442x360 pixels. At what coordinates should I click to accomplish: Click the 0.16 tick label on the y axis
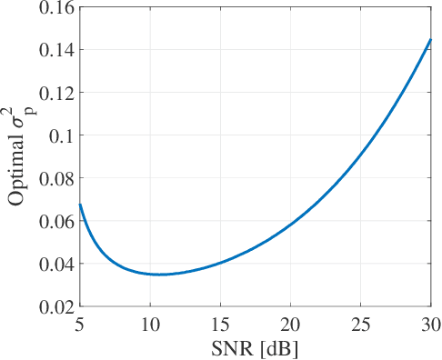[x=55, y=7]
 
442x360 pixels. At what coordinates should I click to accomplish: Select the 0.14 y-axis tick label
[x=55, y=50]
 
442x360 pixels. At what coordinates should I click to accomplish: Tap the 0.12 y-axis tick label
[x=55, y=93]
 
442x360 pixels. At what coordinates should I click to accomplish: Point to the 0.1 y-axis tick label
[x=60, y=135]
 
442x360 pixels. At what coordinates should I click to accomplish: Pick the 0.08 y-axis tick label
[x=55, y=178]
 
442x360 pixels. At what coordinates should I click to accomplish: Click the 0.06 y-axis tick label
[x=55, y=221]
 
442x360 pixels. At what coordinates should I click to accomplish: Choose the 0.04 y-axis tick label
[x=55, y=264]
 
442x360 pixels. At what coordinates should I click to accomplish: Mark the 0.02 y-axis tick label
[x=55, y=306]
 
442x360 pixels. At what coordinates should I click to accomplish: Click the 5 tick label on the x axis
[x=81, y=325]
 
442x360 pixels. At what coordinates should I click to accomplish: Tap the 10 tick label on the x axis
[x=150, y=325]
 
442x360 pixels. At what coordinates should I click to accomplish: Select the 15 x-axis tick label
[x=220, y=325]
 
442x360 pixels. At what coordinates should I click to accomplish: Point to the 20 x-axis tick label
[x=290, y=325]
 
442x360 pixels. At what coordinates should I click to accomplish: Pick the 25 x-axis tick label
[x=360, y=325]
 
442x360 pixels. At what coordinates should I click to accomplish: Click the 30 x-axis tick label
[x=429, y=325]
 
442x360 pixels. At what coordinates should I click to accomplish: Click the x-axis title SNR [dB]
[x=256, y=347]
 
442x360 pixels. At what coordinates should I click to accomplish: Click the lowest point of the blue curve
[x=160, y=274]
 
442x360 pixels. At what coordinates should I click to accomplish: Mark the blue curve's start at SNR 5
[x=81, y=205]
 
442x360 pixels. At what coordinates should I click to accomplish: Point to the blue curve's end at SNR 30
[x=430, y=39]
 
